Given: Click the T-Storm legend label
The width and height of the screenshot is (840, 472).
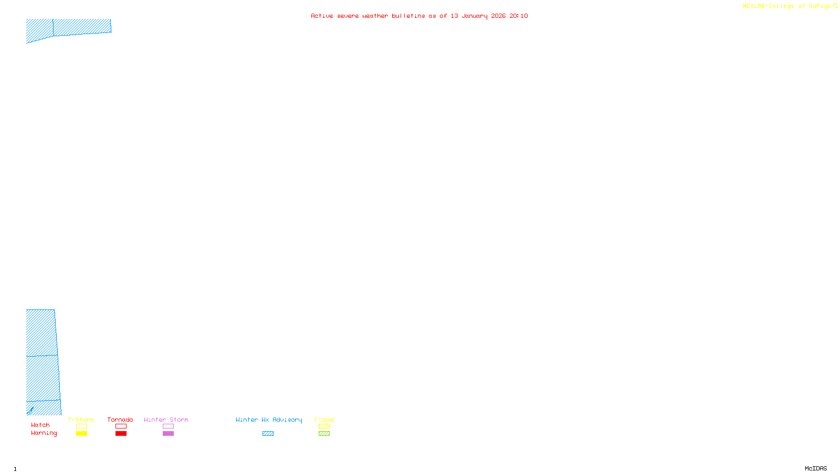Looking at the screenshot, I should [x=81, y=420].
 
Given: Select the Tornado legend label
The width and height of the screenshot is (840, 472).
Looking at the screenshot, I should [x=120, y=420].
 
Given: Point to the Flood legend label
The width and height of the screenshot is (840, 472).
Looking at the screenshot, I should [x=324, y=420].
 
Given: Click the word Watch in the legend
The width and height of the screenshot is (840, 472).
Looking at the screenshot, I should [x=40, y=425].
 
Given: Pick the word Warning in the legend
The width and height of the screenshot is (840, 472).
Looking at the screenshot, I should [x=44, y=433].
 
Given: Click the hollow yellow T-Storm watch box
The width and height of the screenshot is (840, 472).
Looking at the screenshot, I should [x=81, y=426].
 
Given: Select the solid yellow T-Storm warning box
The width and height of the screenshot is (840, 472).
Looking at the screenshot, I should [x=81, y=434].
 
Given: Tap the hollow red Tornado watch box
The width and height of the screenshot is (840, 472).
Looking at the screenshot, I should [x=121, y=426].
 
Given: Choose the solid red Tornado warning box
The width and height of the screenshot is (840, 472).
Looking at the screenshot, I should [x=121, y=434].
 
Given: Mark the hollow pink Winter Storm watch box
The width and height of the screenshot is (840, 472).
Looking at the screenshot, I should [x=168, y=426].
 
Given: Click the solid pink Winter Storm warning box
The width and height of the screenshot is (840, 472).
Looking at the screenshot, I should [x=168, y=434].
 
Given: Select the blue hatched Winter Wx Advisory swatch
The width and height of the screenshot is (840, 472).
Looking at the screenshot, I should [x=268, y=434].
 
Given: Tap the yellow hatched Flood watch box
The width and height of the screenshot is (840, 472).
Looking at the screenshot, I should [x=324, y=426].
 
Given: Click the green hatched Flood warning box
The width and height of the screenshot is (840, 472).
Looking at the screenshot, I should [x=324, y=434].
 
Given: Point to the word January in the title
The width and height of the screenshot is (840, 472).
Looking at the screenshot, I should [x=475, y=16].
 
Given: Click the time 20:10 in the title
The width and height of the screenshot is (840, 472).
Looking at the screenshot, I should [x=519, y=16].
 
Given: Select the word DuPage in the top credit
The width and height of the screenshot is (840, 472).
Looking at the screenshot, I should [x=820, y=6].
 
